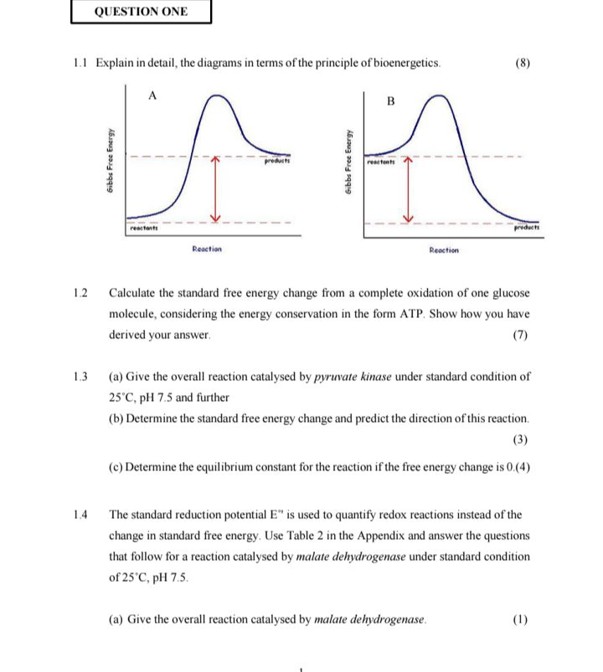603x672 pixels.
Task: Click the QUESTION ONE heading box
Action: click(x=141, y=12)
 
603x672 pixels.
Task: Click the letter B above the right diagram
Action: click(x=390, y=101)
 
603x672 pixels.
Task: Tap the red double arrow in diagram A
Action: click(x=215, y=188)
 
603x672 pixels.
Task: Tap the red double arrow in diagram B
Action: click(x=410, y=188)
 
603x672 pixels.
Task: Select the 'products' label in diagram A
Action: click(x=276, y=162)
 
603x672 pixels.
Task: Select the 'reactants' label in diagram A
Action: click(x=144, y=228)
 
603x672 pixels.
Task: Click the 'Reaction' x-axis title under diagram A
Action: click(x=206, y=249)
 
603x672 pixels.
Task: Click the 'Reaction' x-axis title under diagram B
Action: click(x=443, y=249)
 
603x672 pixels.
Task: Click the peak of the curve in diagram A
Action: click(x=219, y=97)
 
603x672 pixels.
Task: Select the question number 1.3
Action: click(x=80, y=377)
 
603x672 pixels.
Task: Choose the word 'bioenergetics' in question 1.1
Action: click(x=399, y=64)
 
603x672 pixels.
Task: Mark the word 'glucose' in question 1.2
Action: click(x=510, y=295)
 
